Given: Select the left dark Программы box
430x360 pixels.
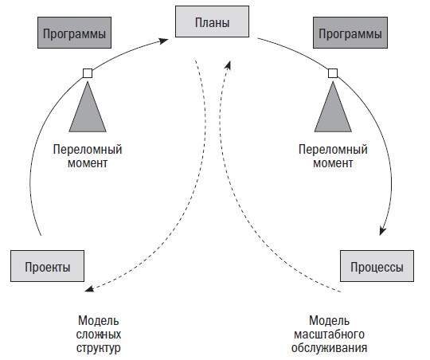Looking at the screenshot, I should point(73,35).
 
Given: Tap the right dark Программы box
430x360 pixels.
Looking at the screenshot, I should point(350,35).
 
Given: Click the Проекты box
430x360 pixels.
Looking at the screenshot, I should point(47,265).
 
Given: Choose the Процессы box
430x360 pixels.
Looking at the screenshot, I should point(377,265).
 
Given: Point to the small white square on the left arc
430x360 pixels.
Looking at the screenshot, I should point(88,73).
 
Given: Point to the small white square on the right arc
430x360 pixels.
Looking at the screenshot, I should point(333,73).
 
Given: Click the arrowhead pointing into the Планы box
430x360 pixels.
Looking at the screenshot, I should point(170,35).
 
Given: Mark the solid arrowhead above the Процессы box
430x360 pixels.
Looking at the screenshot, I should point(383,231).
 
